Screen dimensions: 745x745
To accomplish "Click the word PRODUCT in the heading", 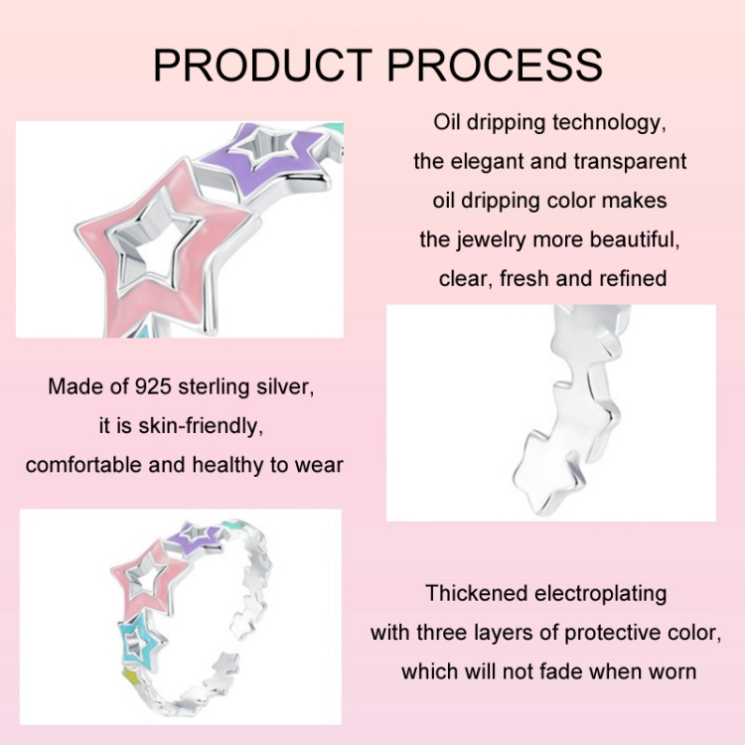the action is [x=262, y=66].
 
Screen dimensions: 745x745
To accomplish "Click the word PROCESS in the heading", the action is [x=495, y=66].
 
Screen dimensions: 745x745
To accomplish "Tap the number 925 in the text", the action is [x=153, y=386].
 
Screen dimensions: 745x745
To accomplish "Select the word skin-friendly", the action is [x=201, y=426].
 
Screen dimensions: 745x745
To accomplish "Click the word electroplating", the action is [x=601, y=594].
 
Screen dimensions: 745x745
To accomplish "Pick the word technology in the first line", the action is [x=609, y=123].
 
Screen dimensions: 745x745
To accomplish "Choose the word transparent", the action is [x=630, y=162].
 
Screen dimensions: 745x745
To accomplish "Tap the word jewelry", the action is [x=492, y=240].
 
